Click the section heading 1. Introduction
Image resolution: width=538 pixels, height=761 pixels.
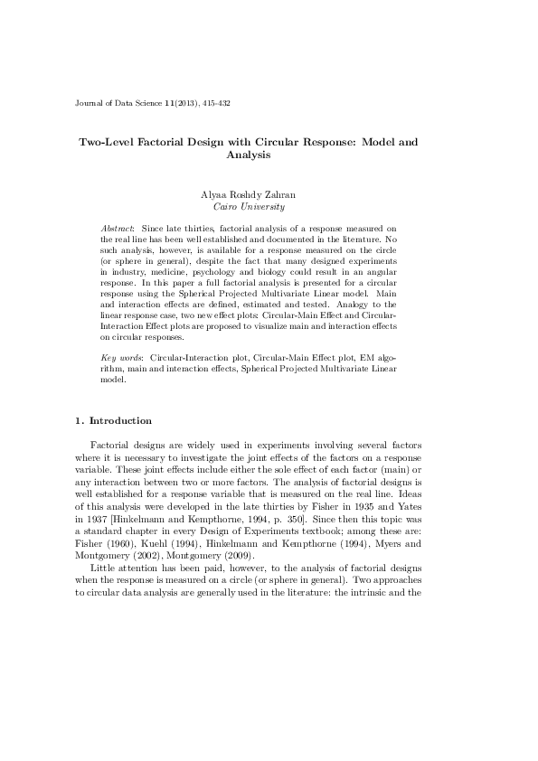point(113,420)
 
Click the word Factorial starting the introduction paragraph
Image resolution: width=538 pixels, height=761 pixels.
point(112,446)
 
